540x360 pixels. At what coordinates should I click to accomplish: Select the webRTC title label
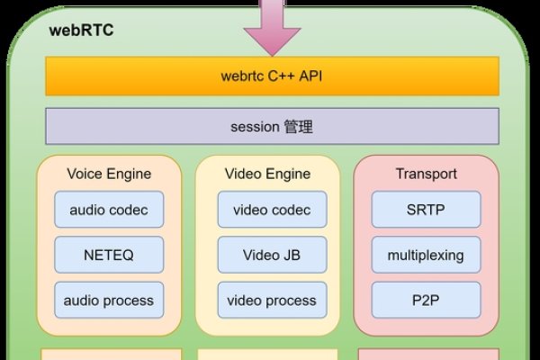[x=81, y=31]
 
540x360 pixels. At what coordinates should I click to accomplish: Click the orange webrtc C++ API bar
[x=272, y=76]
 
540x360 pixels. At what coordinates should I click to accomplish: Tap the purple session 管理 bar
[x=272, y=127]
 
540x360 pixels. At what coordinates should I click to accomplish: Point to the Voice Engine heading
[x=109, y=174]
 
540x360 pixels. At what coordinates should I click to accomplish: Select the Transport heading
[x=427, y=174]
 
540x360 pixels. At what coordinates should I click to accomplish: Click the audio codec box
[x=109, y=210]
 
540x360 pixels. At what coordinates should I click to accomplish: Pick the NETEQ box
[x=109, y=255]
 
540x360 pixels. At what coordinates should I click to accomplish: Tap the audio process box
[x=109, y=300]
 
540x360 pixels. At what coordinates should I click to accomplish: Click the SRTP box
[x=426, y=210]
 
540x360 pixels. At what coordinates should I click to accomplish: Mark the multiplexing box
[x=426, y=255]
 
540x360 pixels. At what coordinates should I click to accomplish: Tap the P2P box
[x=426, y=300]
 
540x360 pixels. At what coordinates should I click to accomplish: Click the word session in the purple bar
[x=255, y=127]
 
